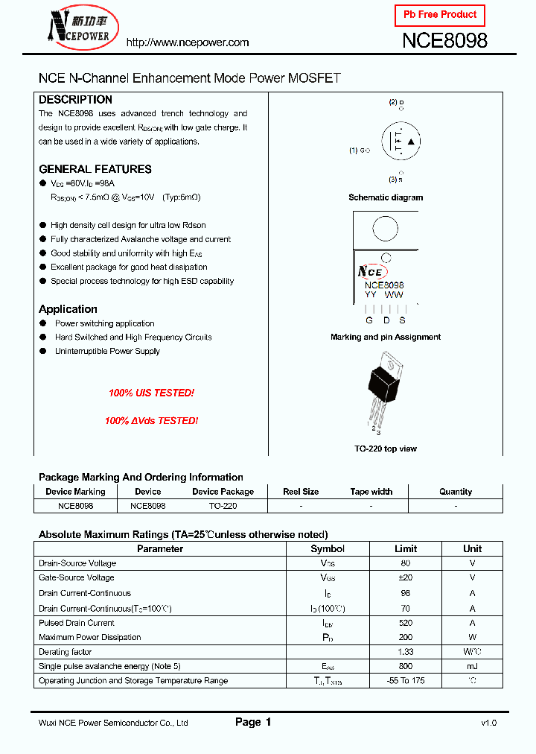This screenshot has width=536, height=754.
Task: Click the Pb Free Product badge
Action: pyautogui.click(x=439, y=15)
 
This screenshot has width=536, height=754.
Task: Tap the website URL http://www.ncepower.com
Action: pyautogui.click(x=187, y=42)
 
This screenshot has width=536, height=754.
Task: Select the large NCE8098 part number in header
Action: pyautogui.click(x=444, y=42)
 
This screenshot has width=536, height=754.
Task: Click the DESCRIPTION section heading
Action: pyautogui.click(x=75, y=100)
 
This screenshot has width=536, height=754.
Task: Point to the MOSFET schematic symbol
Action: pyautogui.click(x=401, y=142)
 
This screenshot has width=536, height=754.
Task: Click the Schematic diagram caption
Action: pyautogui.click(x=386, y=197)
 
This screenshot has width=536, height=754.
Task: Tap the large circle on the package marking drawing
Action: pyautogui.click(x=385, y=229)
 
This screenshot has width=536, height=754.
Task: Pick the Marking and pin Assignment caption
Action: pyautogui.click(x=386, y=337)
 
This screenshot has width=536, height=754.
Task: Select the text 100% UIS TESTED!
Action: pyautogui.click(x=151, y=393)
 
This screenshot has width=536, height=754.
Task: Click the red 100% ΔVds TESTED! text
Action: pyautogui.click(x=151, y=420)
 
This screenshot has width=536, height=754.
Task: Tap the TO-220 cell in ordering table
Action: pyautogui.click(x=223, y=505)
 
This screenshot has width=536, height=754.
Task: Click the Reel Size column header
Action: pyautogui.click(x=301, y=492)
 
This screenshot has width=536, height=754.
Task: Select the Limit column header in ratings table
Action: pyautogui.click(x=406, y=548)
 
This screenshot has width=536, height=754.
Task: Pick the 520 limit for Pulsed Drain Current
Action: pyautogui.click(x=406, y=623)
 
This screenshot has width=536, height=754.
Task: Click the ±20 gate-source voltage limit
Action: pyautogui.click(x=406, y=578)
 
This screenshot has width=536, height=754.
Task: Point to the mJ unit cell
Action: pyautogui.click(x=472, y=666)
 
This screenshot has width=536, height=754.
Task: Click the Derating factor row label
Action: pyautogui.click(x=66, y=652)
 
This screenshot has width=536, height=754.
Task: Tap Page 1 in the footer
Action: pyautogui.click(x=253, y=722)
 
